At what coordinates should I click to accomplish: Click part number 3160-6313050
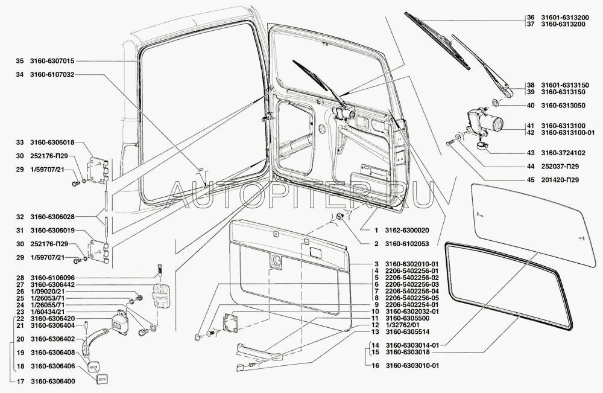(564, 106)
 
